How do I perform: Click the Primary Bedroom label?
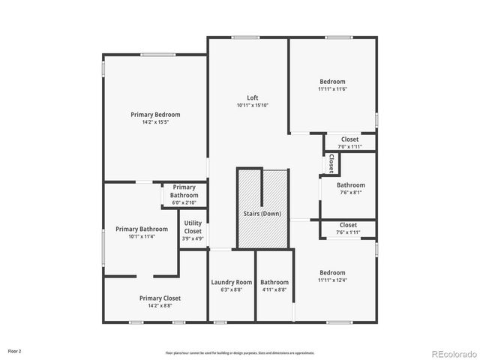155,115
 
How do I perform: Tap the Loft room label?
253,97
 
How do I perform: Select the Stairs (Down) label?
262,214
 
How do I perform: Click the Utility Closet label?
193,227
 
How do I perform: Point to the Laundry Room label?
232,282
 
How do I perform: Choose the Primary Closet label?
160,298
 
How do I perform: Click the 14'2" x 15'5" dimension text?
155,122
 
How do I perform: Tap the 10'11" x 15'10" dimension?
253,105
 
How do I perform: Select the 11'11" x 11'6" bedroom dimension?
333,89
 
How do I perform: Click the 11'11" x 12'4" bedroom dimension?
333,280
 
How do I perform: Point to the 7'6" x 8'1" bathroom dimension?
350,192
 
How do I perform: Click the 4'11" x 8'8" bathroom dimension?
274,289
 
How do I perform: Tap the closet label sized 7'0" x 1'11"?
349,139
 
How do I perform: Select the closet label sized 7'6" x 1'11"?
348,225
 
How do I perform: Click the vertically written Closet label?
331,163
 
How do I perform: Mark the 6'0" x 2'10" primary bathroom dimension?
184,203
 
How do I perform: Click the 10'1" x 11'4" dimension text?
141,237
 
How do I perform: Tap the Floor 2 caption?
15,350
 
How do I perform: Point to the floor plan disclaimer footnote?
240,352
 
